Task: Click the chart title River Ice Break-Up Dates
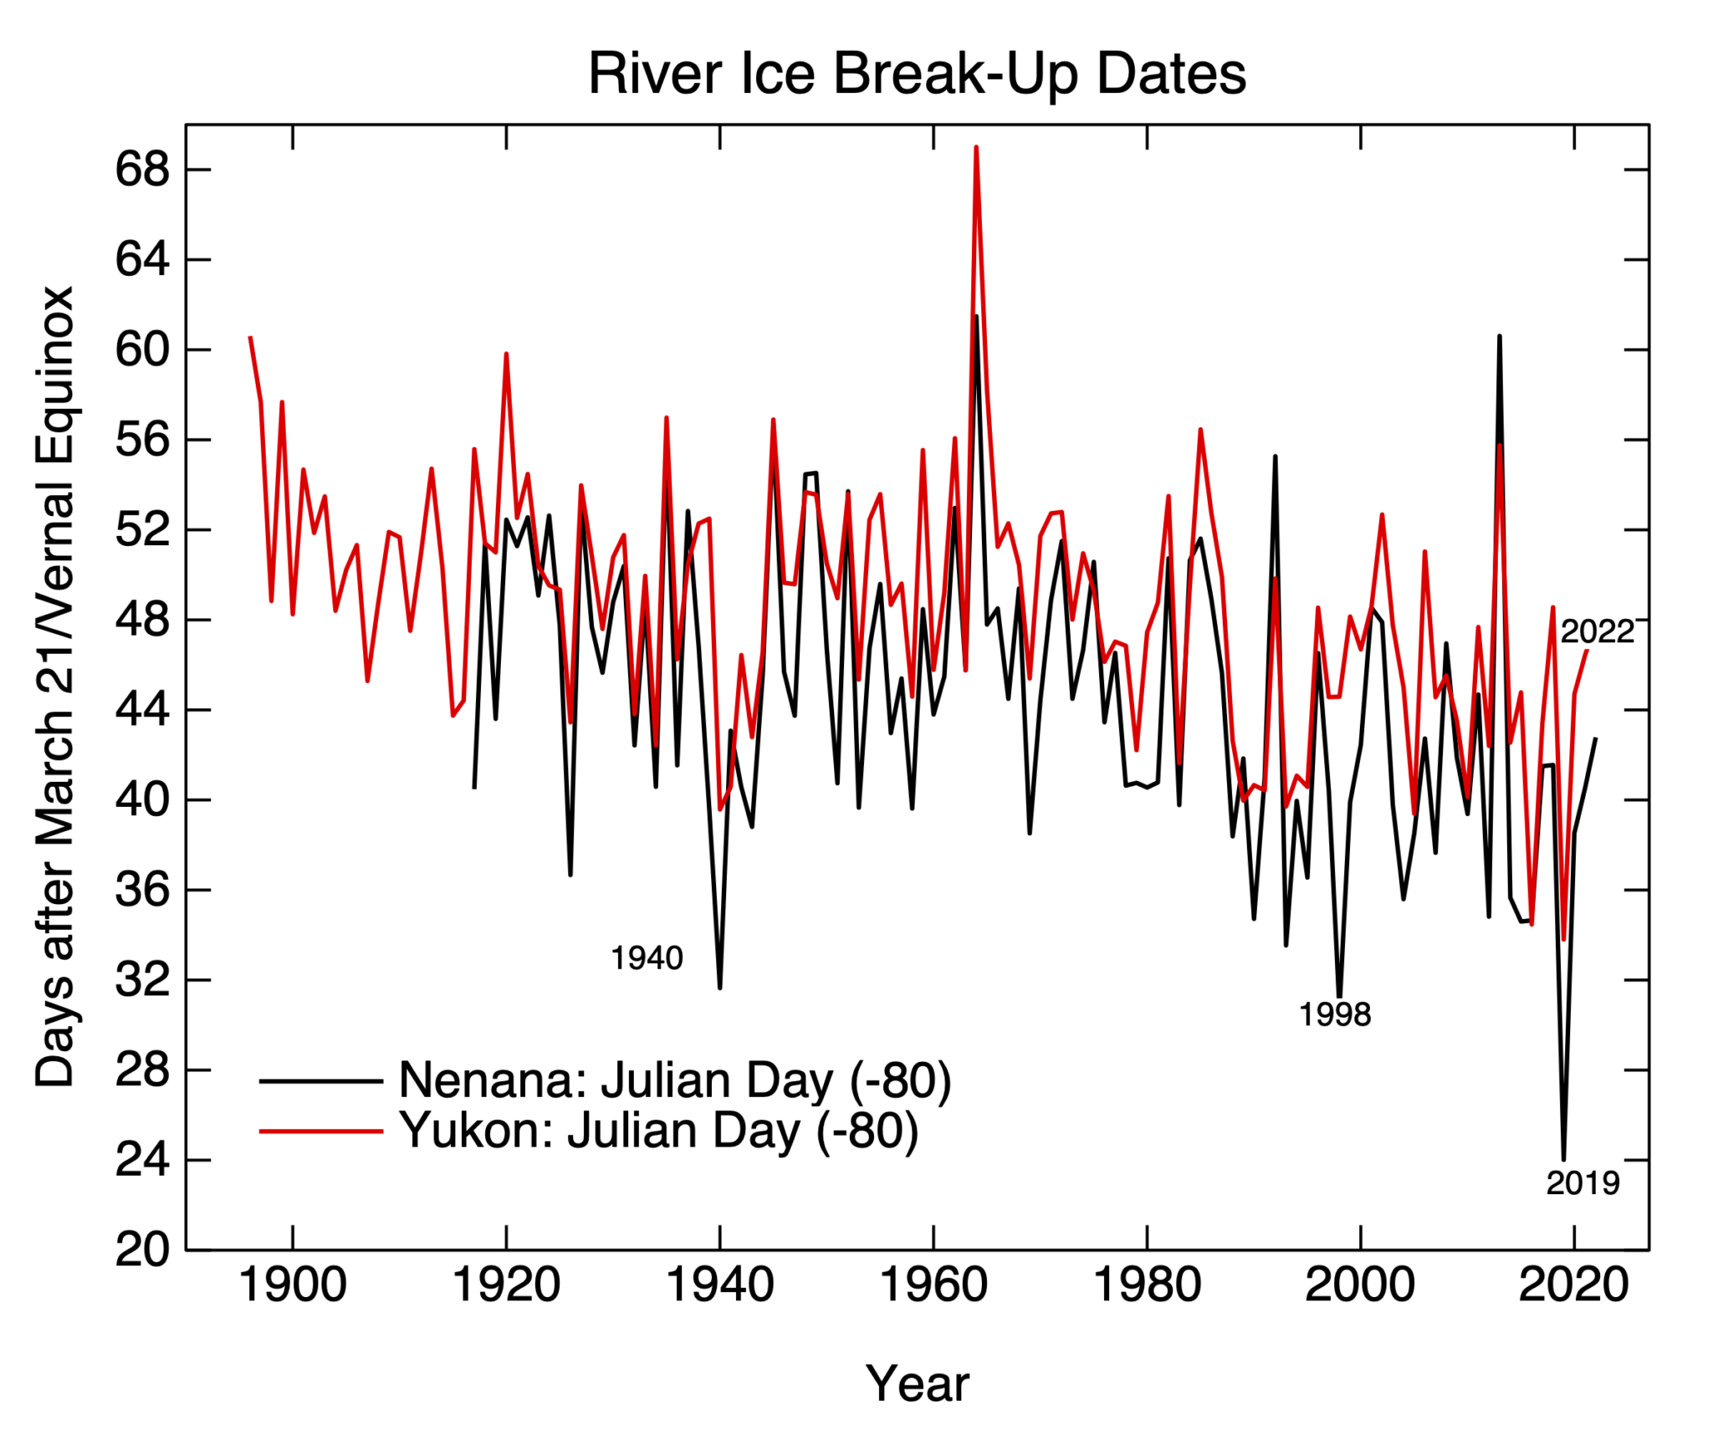(917, 74)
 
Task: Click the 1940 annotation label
(647, 958)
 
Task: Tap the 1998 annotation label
(1335, 1015)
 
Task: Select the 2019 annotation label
(1583, 1183)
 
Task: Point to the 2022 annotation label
(1597, 631)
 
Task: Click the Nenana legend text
(675, 1080)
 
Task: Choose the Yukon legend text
(658, 1131)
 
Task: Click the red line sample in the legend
(321, 1131)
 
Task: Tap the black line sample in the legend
(321, 1081)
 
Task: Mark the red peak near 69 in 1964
(976, 148)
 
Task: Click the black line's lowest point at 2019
(1563, 1159)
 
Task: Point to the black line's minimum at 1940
(719, 988)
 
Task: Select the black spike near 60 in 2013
(1500, 337)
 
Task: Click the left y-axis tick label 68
(142, 171)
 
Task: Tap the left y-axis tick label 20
(142, 1250)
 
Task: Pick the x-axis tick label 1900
(293, 1285)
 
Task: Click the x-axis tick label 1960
(933, 1285)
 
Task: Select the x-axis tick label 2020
(1573, 1285)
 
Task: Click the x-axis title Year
(917, 1384)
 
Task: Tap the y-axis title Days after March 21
(55, 686)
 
